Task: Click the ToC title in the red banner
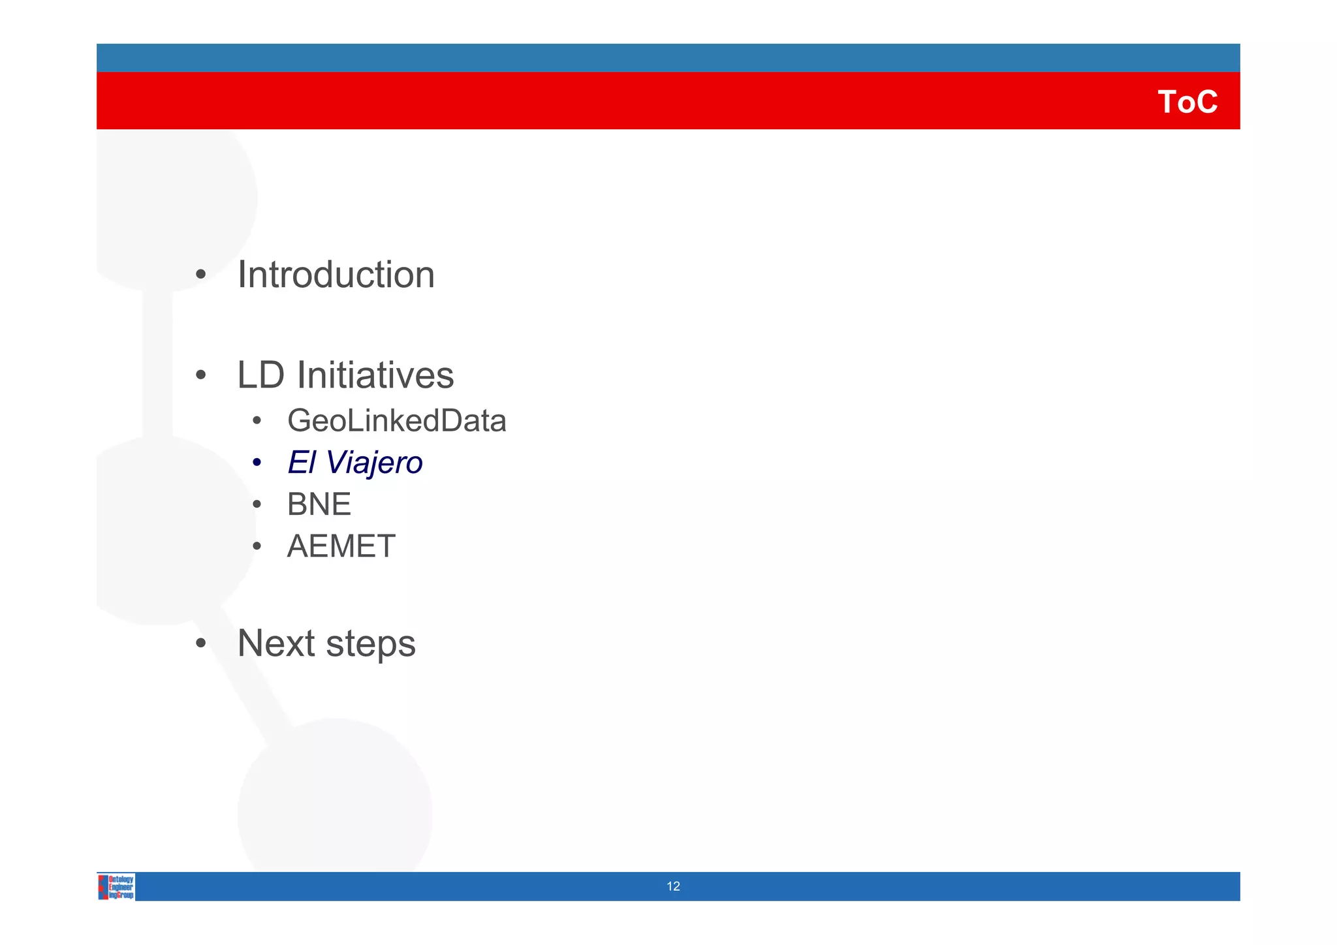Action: click(x=1187, y=102)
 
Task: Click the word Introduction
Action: click(x=336, y=275)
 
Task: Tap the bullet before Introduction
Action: click(x=201, y=275)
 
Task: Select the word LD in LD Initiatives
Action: click(x=260, y=375)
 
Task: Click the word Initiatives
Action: click(x=375, y=375)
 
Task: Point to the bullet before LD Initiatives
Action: click(x=201, y=375)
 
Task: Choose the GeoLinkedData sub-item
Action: click(x=396, y=421)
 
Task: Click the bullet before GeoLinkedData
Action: click(x=257, y=421)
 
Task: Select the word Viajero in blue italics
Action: click(x=374, y=463)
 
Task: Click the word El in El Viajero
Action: click(x=301, y=463)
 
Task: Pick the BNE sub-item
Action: click(x=319, y=504)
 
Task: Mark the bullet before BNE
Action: click(x=257, y=504)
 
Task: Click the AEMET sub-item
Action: click(x=341, y=546)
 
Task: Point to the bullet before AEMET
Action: click(x=257, y=546)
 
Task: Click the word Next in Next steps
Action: click(x=277, y=643)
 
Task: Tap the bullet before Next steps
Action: click(x=201, y=643)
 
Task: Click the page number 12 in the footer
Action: click(x=673, y=886)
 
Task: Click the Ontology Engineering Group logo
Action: click(x=116, y=887)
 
